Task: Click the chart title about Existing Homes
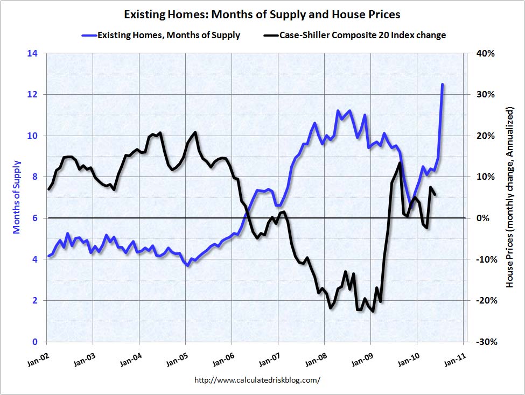(262, 14)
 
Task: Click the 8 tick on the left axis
(34, 177)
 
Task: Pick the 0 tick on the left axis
(34, 342)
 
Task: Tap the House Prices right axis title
(509, 197)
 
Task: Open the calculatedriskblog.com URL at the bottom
(257, 380)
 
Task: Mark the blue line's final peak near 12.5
(442, 84)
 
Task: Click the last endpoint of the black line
(435, 195)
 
